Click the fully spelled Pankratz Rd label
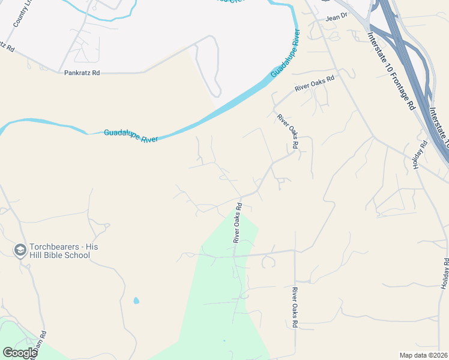tap(82, 73)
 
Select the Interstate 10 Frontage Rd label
tap(391, 70)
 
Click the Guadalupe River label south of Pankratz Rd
tap(131, 136)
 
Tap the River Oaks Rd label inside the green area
tap(238, 223)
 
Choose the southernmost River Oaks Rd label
tap(295, 307)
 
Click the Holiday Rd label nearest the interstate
tap(419, 154)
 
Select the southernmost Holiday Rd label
tap(445, 272)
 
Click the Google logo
tap(20, 353)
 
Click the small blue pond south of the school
tap(136, 300)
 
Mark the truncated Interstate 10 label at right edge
tap(439, 127)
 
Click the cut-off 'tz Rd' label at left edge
tap(7, 47)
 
